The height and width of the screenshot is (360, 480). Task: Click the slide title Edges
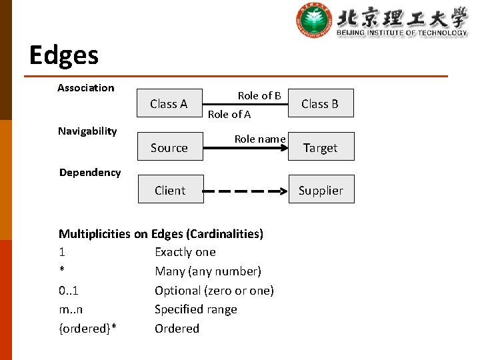click(64, 55)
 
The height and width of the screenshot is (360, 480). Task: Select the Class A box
click(169, 103)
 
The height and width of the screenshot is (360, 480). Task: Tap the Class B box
click(320, 103)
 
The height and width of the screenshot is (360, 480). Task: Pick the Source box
click(169, 147)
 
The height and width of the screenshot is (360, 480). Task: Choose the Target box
click(321, 147)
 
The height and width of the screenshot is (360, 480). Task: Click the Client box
click(170, 190)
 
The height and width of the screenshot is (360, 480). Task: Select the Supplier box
click(321, 190)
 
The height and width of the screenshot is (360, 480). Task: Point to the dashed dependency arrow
click(245, 191)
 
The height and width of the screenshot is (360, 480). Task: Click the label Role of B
click(259, 96)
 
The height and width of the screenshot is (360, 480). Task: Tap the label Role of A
click(229, 114)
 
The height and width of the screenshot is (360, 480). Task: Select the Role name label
click(260, 139)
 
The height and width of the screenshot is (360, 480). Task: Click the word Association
click(86, 88)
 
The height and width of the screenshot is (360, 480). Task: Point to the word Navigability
click(87, 131)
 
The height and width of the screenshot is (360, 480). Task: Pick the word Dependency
click(90, 173)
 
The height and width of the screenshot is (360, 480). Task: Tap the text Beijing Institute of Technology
click(402, 32)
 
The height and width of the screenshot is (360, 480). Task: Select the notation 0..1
click(69, 291)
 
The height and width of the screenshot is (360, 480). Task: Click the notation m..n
click(71, 309)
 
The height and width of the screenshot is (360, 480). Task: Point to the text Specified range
click(196, 309)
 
